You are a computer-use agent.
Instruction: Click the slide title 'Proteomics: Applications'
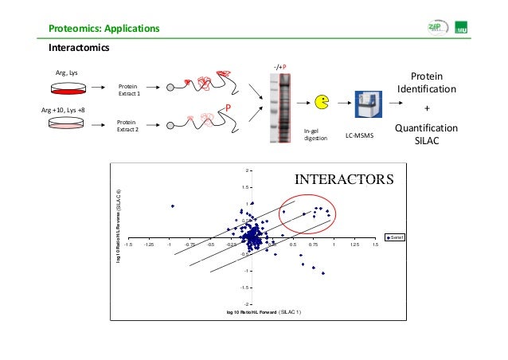(104, 29)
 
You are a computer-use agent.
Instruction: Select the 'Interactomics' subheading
(80, 48)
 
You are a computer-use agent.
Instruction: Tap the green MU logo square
(483, 29)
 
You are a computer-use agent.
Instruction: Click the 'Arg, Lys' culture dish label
(66, 72)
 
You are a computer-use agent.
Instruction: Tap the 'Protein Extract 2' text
(129, 125)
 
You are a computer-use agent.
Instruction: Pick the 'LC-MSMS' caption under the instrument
(360, 137)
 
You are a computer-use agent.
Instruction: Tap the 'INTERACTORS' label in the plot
(344, 179)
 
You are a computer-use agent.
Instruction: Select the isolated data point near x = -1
(172, 206)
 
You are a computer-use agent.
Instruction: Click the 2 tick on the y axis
(247, 170)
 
